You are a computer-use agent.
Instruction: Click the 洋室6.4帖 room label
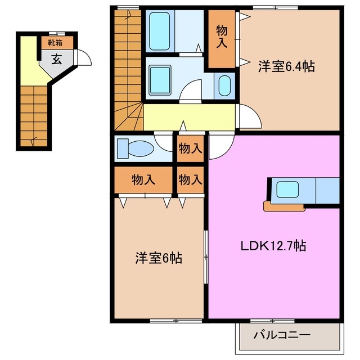pos(286,66)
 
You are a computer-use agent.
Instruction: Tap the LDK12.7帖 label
pos(273,246)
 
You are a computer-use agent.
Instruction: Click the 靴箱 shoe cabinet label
pos(56,42)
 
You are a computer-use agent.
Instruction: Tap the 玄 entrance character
pos(57,59)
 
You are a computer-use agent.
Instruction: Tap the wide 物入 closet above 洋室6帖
pos(143,180)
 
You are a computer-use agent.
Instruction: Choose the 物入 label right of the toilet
pos(190,149)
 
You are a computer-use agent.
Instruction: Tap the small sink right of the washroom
pos(223,86)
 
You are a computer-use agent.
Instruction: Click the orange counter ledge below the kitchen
pos(284,207)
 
